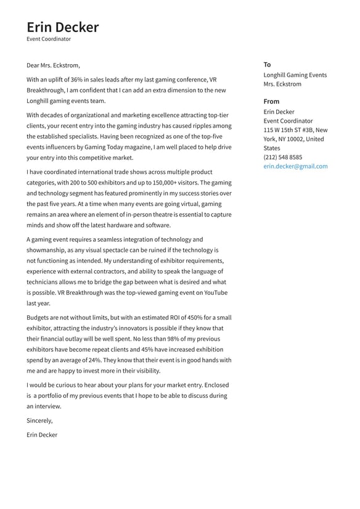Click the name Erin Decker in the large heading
coord(62,27)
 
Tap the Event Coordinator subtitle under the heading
coord(49,39)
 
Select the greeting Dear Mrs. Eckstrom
coord(53,65)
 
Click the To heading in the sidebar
coord(267,65)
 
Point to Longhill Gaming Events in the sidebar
coord(295,75)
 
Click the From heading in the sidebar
coord(271,101)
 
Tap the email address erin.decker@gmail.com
coord(295,167)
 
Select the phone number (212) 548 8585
coord(283,157)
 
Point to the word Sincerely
coord(39,421)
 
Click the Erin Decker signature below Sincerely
coord(42,435)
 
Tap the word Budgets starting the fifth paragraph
coord(39,318)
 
